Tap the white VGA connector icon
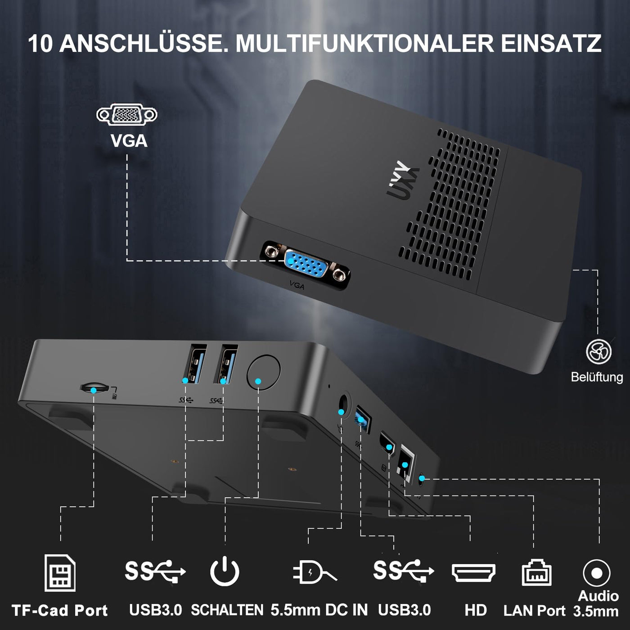(x=127, y=115)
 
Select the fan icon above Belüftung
(x=598, y=351)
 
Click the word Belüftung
(x=597, y=377)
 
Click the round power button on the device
(x=264, y=372)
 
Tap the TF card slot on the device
(x=94, y=388)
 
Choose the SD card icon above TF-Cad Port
(x=60, y=573)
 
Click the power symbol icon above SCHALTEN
(x=225, y=571)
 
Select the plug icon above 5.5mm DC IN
(x=314, y=572)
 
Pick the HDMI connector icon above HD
(x=473, y=572)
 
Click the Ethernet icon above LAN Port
(x=536, y=573)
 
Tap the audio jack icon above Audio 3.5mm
(x=596, y=573)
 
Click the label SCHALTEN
(x=227, y=610)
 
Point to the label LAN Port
(x=534, y=611)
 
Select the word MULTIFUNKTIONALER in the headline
(x=364, y=44)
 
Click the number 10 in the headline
(x=40, y=44)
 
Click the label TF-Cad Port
(x=59, y=611)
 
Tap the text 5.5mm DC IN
(x=319, y=610)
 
